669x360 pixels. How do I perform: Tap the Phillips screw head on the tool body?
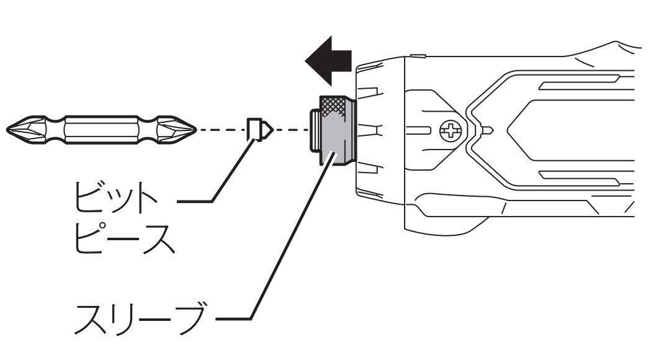[x=451, y=130]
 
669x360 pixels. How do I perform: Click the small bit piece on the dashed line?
[x=259, y=129]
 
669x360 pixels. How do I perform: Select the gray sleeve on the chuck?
[x=336, y=130]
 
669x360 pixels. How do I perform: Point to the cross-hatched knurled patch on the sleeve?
[x=333, y=107]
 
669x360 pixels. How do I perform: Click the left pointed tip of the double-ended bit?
[x=7, y=129]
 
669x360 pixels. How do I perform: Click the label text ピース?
[x=125, y=238]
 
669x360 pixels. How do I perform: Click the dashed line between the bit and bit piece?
[x=222, y=129]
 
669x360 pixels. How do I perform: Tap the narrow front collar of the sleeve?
[x=315, y=130]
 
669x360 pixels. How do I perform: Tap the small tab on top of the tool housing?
[x=418, y=56]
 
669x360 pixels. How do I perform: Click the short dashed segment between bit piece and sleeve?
[x=292, y=129]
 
